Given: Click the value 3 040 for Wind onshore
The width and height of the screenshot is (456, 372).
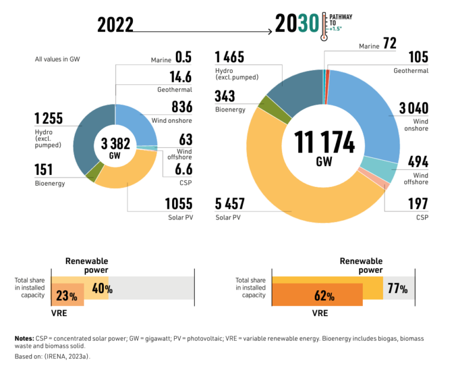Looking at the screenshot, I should click(x=413, y=108).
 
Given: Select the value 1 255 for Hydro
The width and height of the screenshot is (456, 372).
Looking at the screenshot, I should click(x=49, y=118).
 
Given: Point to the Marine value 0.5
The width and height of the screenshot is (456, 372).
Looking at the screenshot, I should click(x=183, y=58).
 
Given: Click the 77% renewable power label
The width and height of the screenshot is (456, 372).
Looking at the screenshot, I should click(x=397, y=289).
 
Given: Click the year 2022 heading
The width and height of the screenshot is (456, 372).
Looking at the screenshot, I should click(x=115, y=25).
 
